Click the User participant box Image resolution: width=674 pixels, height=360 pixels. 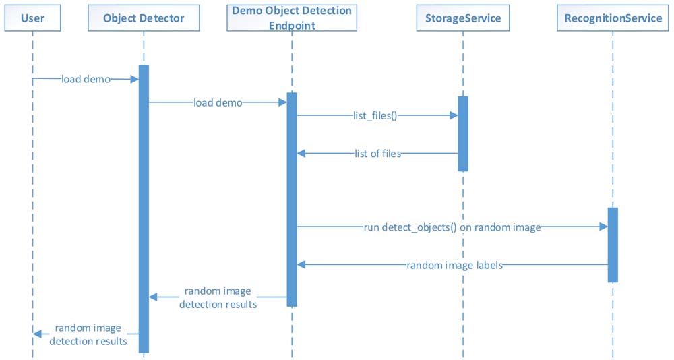tap(32, 18)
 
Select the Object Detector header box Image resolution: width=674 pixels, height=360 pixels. tap(144, 18)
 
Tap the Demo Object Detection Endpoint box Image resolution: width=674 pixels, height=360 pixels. tap(292, 18)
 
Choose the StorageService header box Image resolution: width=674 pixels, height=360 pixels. tap(463, 18)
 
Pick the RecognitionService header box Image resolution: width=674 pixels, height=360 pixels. tap(613, 18)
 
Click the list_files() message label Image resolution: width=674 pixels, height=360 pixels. tap(375, 116)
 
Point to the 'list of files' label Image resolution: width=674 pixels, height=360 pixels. tap(378, 154)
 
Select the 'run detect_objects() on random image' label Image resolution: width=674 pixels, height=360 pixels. tap(452, 227)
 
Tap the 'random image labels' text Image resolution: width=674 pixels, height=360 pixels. tap(455, 265)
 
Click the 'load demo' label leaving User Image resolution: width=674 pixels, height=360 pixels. tap(86, 79)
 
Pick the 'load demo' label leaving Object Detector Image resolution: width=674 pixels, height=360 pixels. tap(218, 102)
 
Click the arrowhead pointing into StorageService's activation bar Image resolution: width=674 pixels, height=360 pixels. tap(454, 115)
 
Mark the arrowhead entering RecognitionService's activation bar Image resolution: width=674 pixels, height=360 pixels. tap(603, 227)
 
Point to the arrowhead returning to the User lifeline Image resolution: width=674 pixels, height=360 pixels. tap(37, 334)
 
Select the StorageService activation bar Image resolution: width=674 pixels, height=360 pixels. tap(463, 133)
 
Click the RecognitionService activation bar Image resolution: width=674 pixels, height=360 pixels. tap(613, 245)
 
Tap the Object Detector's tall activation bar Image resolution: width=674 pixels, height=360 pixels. tap(144, 209)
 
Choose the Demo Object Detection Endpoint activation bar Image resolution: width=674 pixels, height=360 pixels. tap(292, 200)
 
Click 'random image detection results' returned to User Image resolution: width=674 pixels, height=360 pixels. tap(88, 334)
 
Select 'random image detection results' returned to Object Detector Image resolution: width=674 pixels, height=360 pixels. tap(218, 297)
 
